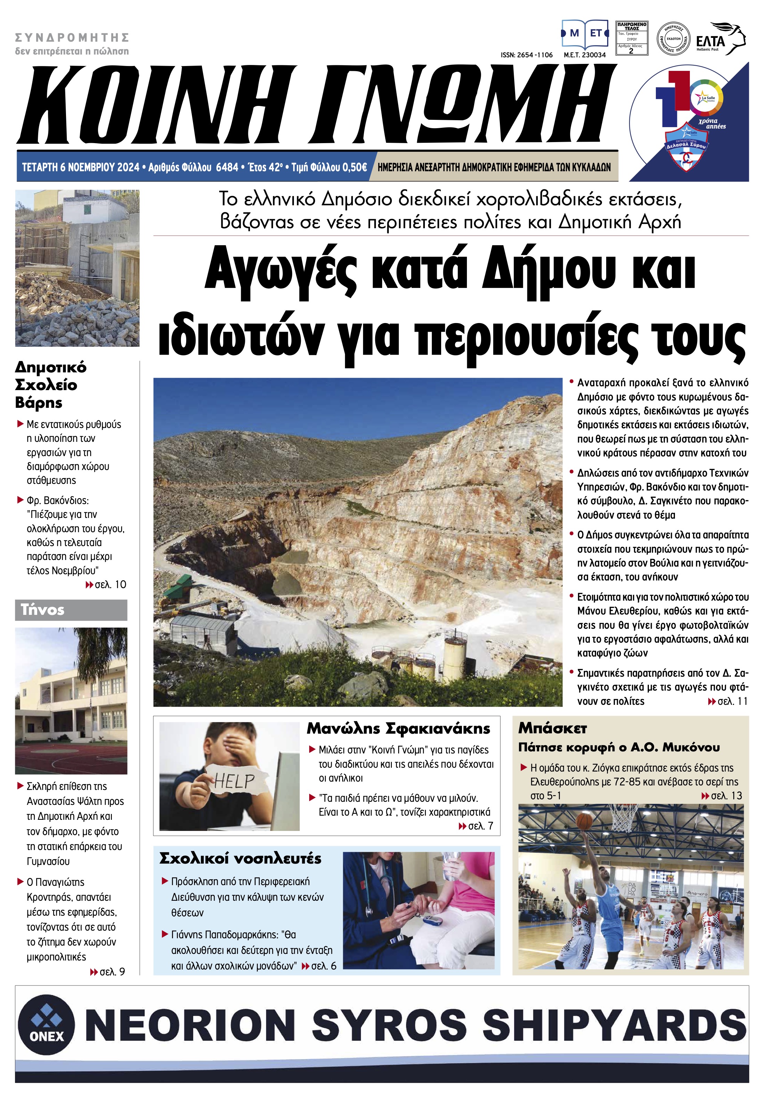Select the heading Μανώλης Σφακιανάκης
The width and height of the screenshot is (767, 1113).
(398, 728)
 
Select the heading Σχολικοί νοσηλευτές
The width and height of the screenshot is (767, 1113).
(240, 858)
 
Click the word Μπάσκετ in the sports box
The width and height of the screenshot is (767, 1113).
(553, 728)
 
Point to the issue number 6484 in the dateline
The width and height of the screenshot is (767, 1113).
(227, 167)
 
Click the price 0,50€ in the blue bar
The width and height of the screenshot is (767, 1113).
(354, 167)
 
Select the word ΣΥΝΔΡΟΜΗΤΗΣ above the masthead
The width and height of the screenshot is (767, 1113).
(72, 37)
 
